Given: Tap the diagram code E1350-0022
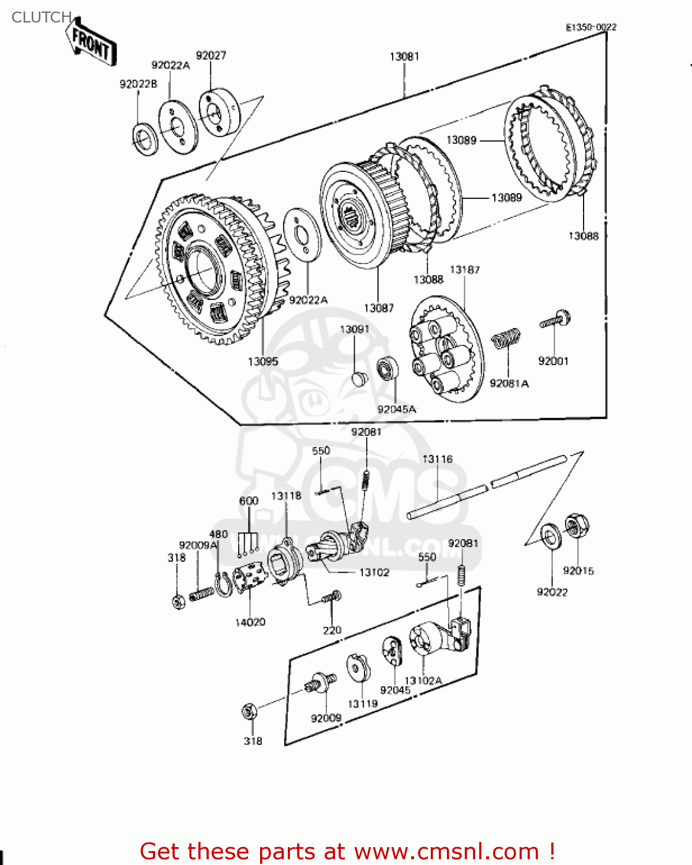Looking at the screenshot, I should [591, 27].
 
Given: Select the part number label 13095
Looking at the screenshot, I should [262, 362].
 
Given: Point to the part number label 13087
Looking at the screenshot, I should [378, 309].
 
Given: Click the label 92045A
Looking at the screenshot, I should [396, 409].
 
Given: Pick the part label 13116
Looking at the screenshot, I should [437, 459].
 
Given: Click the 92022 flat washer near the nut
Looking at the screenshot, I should [551, 536].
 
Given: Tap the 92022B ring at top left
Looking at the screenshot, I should [145, 139].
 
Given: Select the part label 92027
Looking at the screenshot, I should [211, 55].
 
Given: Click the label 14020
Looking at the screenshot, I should [250, 622].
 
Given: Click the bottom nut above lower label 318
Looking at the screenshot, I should [249, 711].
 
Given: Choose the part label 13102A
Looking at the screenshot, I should [423, 680].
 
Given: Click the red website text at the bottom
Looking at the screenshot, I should [347, 851].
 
